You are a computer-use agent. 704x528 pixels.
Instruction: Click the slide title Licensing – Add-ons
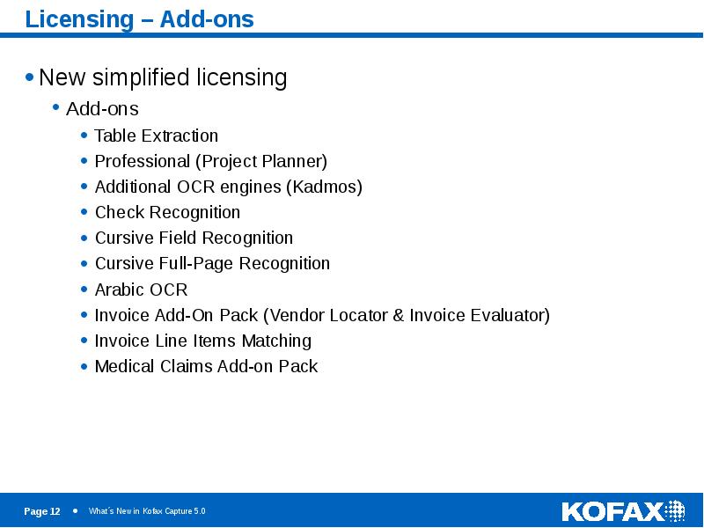click(x=139, y=19)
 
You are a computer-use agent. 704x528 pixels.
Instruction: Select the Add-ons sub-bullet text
click(x=102, y=109)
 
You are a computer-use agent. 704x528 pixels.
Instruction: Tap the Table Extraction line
click(x=156, y=136)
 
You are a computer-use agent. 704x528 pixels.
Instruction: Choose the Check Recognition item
click(x=167, y=212)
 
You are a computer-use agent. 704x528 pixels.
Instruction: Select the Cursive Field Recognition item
click(x=194, y=238)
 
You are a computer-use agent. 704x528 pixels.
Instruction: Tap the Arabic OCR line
click(x=141, y=290)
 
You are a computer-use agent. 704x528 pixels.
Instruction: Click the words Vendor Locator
click(x=327, y=315)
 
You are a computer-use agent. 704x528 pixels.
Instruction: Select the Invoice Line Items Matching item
click(x=202, y=341)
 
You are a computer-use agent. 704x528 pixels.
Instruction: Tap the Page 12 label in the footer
click(x=42, y=511)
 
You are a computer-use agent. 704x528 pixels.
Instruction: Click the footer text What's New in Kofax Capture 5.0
click(x=147, y=511)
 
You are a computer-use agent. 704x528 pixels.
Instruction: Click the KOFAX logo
click(x=622, y=510)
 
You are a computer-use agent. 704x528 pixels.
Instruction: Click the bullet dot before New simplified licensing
click(x=30, y=77)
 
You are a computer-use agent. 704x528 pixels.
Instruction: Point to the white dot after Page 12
click(x=75, y=510)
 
